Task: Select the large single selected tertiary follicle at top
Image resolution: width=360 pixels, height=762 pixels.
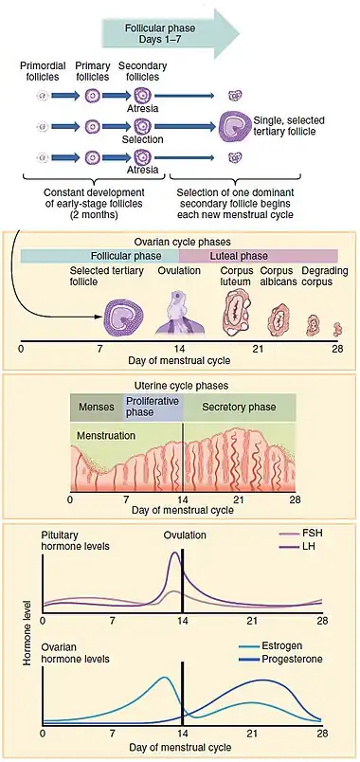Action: click(236, 126)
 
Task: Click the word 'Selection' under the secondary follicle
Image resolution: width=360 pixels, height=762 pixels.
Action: click(142, 139)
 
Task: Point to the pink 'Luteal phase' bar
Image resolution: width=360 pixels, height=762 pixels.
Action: click(259, 256)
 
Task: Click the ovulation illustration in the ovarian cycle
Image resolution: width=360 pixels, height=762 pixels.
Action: click(180, 314)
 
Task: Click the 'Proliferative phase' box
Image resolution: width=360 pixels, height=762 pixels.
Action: click(153, 408)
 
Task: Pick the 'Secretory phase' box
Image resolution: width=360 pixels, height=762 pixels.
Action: click(239, 408)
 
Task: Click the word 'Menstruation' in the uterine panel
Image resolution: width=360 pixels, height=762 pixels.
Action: click(106, 435)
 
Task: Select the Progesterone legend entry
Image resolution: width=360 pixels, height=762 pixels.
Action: click(281, 660)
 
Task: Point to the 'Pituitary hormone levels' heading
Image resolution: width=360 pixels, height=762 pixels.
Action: click(75, 540)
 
